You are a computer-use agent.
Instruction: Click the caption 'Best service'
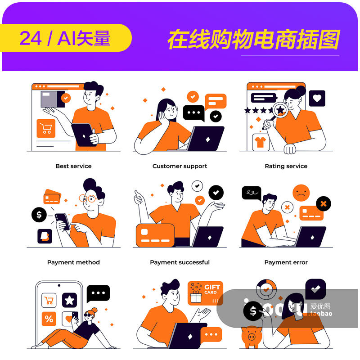coord(73,166)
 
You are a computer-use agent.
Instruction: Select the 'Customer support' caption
coord(180,166)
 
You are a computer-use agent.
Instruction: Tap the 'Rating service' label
coord(286,166)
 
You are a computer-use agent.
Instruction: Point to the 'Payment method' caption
coord(73,262)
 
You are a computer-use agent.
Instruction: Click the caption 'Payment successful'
coord(180,262)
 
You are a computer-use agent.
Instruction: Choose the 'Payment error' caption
coord(286,262)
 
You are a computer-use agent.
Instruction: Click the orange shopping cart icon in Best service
coord(46,129)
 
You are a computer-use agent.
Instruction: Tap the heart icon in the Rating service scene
coord(317,98)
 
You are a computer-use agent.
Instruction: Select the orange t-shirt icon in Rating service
coord(260,142)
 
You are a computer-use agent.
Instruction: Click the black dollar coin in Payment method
coord(39,215)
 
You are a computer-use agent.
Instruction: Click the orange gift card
coord(205,293)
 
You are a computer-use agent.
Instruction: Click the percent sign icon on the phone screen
coord(49,319)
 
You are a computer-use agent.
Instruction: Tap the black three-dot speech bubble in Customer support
coord(194,113)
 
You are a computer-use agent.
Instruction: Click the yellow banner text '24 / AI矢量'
coord(65,39)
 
